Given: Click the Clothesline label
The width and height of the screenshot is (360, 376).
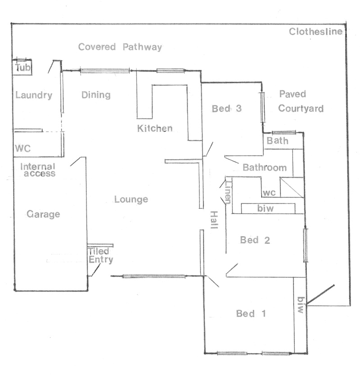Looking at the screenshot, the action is click(x=315, y=31).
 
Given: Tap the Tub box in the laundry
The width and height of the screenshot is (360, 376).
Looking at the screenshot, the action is click(x=22, y=67).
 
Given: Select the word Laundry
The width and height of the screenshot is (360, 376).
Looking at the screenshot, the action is click(x=34, y=95).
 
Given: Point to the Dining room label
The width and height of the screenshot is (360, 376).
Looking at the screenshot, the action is click(x=96, y=95).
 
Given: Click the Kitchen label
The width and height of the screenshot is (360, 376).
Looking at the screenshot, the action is click(x=155, y=128).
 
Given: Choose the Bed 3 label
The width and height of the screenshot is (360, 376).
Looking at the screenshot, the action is click(x=226, y=108).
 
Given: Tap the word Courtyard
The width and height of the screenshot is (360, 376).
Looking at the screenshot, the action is click(x=301, y=108).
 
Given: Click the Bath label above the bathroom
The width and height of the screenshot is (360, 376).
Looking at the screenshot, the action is click(x=278, y=140).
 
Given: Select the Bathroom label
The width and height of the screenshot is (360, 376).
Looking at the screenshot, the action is click(x=265, y=167).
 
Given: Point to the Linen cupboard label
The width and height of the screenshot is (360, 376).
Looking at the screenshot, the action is click(x=228, y=192).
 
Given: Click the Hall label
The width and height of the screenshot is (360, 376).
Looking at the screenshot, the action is click(x=214, y=220).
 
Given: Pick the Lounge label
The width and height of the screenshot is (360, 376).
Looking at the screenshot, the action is click(x=131, y=199).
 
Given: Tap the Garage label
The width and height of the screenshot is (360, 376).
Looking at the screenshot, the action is click(x=44, y=214).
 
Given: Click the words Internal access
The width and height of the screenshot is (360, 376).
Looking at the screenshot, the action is click(x=38, y=170).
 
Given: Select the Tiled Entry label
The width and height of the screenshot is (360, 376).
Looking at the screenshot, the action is click(x=100, y=255).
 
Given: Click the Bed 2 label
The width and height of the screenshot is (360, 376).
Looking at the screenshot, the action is click(x=255, y=240).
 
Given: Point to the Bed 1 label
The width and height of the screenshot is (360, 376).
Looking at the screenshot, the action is click(x=251, y=313).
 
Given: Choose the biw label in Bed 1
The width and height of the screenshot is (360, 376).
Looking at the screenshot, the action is click(x=301, y=305).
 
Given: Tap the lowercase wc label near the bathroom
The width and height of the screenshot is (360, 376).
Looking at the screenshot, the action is click(x=269, y=192).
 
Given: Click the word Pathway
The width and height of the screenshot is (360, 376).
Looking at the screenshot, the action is click(x=142, y=47).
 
